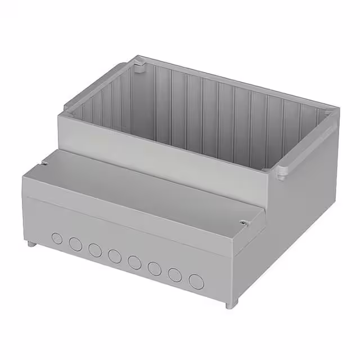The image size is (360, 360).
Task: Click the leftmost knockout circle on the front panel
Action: pyautogui.click(x=57, y=238)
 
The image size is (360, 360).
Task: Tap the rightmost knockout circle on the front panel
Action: pyautogui.click(x=196, y=281)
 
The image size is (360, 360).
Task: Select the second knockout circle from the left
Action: pyautogui.click(x=75, y=244)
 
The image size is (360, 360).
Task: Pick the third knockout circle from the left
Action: pyautogui.click(x=94, y=249)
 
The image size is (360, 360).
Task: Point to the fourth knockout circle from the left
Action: pyautogui.click(x=114, y=256)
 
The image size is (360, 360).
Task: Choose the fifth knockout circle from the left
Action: pyautogui.click(x=134, y=262)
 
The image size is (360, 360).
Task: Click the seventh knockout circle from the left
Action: pyautogui.click(x=175, y=274)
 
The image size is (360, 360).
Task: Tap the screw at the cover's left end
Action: pyautogui.click(x=43, y=164)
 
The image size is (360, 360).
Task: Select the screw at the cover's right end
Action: pyautogui.click(x=243, y=223)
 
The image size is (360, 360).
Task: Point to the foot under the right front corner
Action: pyautogui.click(x=228, y=304)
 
